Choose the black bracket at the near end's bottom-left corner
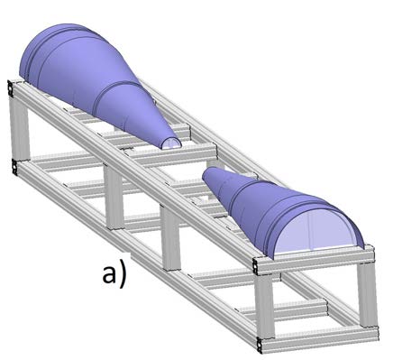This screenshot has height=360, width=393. pyautogui.click(x=260, y=344)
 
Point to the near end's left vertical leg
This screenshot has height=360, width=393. pyautogui.click(x=262, y=307)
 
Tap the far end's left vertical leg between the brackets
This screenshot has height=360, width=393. pyautogui.click(x=14, y=126)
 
